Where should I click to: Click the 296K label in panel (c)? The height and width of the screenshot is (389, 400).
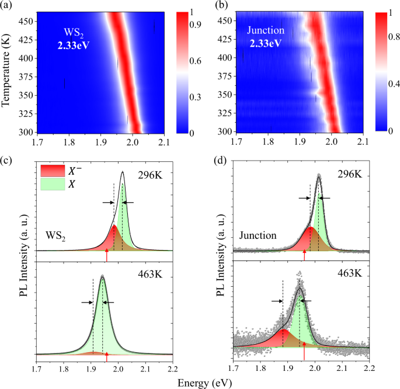[x=151, y=174]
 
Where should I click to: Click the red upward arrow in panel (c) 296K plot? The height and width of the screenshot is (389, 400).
[x=106, y=255]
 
